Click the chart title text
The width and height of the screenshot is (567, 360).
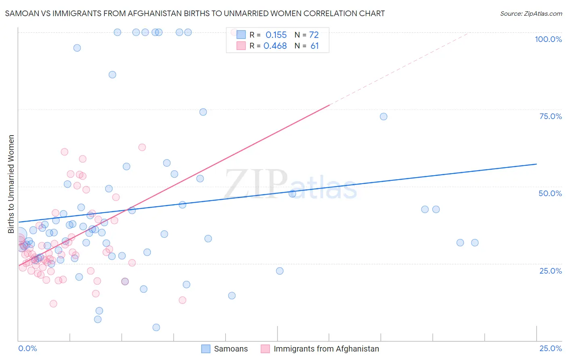pos(195,13)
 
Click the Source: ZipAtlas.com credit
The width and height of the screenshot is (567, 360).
pos(531,14)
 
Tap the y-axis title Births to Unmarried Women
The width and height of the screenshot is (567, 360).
pos(11,184)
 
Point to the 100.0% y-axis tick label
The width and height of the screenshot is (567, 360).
pos(548,39)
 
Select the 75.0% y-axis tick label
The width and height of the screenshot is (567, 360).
pos(550,116)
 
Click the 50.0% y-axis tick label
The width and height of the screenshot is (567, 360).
pos(550,193)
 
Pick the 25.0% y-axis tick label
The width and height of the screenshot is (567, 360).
pos(550,270)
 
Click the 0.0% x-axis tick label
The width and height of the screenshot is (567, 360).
pos(27,348)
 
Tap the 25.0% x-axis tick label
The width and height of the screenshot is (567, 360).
pos(550,348)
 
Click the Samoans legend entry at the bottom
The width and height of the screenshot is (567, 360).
pos(231,349)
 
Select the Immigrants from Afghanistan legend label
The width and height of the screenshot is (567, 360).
pos(326,349)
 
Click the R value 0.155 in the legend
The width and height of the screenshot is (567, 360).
pos(276,35)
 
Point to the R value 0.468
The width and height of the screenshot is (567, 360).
pos(275,46)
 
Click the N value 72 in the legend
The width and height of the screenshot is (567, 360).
pos(314,35)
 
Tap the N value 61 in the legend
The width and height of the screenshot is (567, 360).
pos(315,46)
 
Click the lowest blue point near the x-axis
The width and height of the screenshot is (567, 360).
pos(156,327)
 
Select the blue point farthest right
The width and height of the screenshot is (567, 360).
pos(475,243)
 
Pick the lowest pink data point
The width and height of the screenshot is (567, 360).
pos(53,303)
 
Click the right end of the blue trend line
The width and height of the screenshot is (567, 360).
pos(536,164)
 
